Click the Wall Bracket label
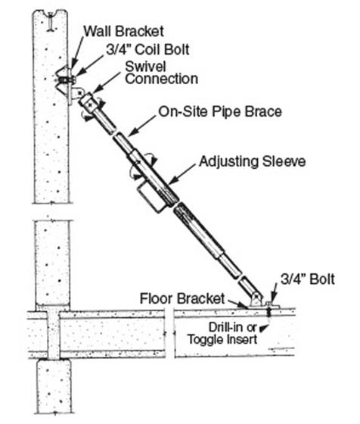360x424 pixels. pos(123,31)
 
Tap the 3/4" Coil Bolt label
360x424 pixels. pos(147,50)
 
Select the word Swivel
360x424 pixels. pos(145,67)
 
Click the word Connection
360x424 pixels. pos(162,79)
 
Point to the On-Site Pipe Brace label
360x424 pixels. pos(220,112)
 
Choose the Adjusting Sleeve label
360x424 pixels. pos(253,162)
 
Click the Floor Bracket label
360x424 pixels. pos(182,299)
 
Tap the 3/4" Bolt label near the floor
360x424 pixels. pos(308,279)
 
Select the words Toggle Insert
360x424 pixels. pos(222,340)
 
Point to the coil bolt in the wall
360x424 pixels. pos(66,80)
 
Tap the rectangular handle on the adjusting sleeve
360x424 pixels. pos(151,197)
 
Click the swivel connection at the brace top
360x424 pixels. pos(88,101)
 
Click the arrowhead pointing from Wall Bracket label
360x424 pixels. pos(73,64)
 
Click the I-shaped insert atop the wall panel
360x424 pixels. pos(50,21)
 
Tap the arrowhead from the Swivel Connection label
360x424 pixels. pos(97,89)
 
